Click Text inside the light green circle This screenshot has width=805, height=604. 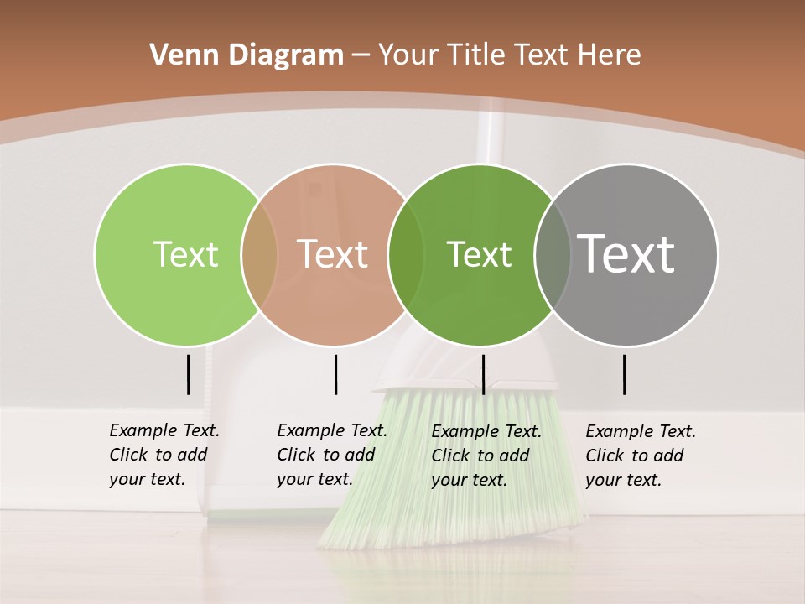pyautogui.click(x=185, y=254)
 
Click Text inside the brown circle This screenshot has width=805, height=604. pyautogui.click(x=333, y=254)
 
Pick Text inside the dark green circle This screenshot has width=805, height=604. pyautogui.click(x=479, y=254)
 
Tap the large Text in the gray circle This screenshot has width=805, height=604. pyautogui.click(x=626, y=253)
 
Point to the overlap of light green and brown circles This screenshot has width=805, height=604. pyautogui.click(x=259, y=254)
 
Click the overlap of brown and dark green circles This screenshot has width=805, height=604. pyautogui.click(x=406, y=254)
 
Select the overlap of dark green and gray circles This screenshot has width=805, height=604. pyautogui.click(x=553, y=254)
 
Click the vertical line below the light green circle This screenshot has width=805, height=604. pyautogui.click(x=188, y=374)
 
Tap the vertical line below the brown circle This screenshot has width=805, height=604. pyautogui.click(x=335, y=374)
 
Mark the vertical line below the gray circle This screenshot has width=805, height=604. pyautogui.click(x=625, y=374)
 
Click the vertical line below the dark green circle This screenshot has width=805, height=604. pyautogui.click(x=483, y=374)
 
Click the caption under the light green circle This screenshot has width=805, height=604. pyautogui.click(x=164, y=455)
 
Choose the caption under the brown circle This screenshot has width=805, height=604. pyautogui.click(x=331, y=455)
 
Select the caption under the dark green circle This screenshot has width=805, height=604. pyautogui.click(x=486, y=456)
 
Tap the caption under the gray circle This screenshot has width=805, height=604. pyautogui.click(x=640, y=456)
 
